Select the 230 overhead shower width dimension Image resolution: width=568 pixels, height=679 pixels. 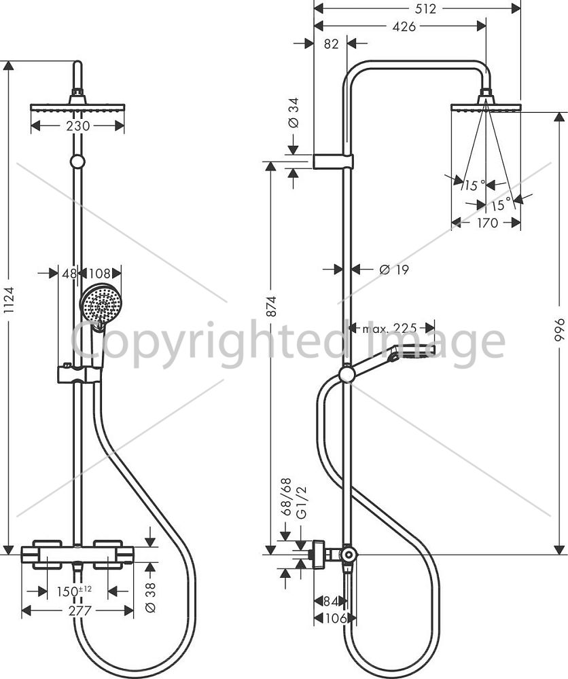(x=78, y=126)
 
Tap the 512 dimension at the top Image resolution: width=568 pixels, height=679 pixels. (x=425, y=9)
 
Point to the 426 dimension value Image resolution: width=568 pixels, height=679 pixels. (x=404, y=26)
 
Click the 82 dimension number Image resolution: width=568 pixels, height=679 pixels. (x=331, y=43)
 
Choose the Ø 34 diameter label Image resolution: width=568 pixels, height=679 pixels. (x=294, y=113)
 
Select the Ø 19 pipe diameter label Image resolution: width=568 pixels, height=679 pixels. (x=394, y=270)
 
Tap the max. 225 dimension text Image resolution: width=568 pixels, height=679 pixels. (x=389, y=328)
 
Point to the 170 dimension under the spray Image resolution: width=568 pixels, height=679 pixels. (x=487, y=223)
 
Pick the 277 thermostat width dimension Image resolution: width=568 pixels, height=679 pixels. (x=80, y=610)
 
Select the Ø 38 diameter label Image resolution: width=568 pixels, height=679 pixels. (x=150, y=597)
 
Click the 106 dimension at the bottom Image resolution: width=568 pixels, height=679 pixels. (x=336, y=618)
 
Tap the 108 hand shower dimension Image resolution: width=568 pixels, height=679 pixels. (x=100, y=273)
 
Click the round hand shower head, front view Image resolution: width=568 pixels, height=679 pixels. (x=101, y=305)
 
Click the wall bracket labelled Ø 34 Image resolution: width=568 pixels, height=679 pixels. (x=333, y=161)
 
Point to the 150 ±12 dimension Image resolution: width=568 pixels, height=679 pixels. (x=74, y=591)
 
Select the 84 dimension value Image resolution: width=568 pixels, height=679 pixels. (x=331, y=601)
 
